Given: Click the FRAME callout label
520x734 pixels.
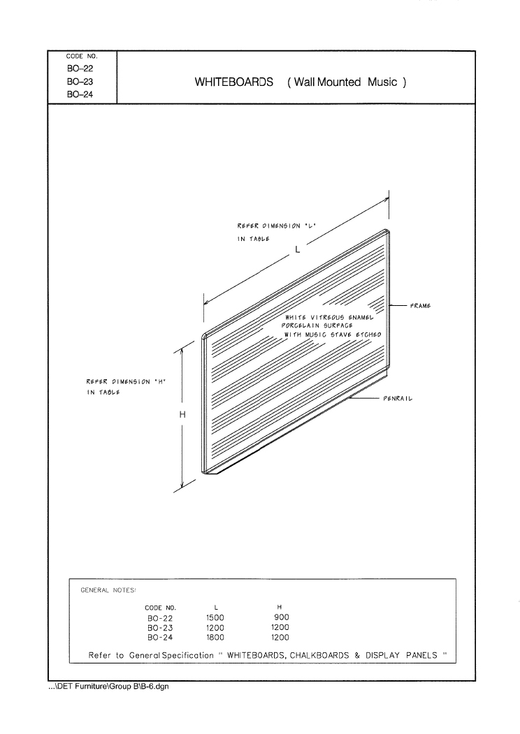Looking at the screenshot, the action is coord(420,306).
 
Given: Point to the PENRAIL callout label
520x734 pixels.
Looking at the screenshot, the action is coord(398,399).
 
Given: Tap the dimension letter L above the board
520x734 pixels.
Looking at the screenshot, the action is coord(298,249).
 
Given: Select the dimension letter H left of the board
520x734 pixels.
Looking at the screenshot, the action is coord(182,414).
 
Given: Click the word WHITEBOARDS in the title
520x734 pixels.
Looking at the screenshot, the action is coord(233,82).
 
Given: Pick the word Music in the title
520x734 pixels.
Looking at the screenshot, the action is coord(382,82).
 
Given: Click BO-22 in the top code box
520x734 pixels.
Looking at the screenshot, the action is coord(80,68).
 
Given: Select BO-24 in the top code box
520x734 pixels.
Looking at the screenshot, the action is coord(80,94).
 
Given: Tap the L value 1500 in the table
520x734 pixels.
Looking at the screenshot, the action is coord(215,617).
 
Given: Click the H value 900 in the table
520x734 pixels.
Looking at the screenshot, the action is coord(282,617).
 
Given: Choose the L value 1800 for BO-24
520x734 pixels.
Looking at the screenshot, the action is coord(215,637).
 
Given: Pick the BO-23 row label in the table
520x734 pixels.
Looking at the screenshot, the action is coord(160,628).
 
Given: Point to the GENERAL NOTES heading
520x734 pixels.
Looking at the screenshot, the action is coord(108,590).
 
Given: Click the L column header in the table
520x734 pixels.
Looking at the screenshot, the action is coord(216,608).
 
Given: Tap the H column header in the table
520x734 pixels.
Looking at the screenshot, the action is coord(280,607).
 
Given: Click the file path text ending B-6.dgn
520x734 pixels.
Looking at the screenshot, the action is coord(109,687).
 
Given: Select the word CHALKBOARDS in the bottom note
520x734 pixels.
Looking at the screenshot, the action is coord(319,655).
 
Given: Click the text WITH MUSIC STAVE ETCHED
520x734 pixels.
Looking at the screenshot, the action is coord(333,335).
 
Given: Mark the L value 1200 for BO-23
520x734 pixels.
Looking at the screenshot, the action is coord(215,628).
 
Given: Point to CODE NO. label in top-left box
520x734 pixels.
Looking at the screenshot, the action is coord(82,56).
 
